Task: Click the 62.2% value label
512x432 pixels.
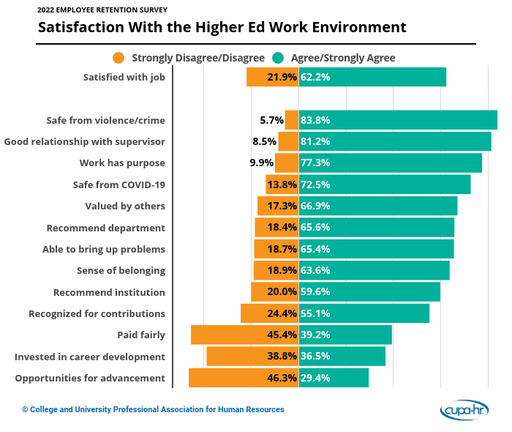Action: (x=315, y=77)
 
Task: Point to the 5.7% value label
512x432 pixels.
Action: (x=271, y=120)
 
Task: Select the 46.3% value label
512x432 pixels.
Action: (x=282, y=378)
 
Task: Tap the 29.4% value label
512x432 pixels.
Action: (x=315, y=378)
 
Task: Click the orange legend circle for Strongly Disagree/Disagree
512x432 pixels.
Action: (x=118, y=58)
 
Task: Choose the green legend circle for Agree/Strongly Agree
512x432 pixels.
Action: (x=278, y=58)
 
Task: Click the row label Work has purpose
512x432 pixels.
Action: (x=122, y=163)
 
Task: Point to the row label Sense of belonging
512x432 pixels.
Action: (x=121, y=270)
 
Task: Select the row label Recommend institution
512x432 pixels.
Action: (x=109, y=292)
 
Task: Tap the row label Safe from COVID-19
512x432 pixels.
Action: (x=119, y=185)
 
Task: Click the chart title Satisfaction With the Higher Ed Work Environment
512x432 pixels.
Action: (x=222, y=28)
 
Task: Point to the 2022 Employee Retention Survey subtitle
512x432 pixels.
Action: (x=102, y=10)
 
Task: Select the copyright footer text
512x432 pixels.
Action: (x=153, y=410)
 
